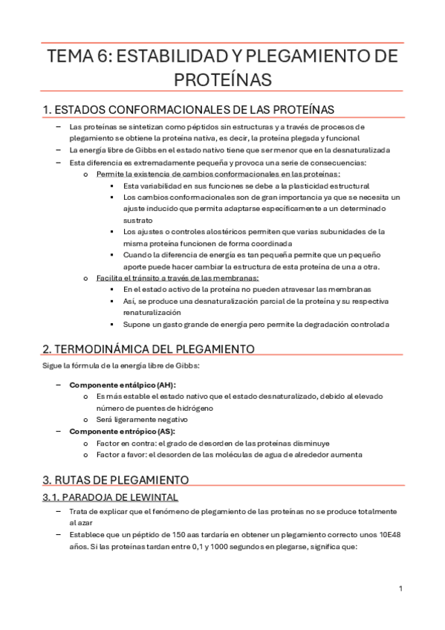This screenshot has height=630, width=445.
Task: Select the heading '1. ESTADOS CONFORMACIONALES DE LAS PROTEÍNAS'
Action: point(178,109)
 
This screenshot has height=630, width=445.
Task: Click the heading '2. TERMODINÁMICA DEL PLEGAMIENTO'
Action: point(149,348)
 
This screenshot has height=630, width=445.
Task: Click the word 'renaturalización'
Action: point(155,313)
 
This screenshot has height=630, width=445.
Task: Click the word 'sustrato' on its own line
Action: point(138,220)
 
